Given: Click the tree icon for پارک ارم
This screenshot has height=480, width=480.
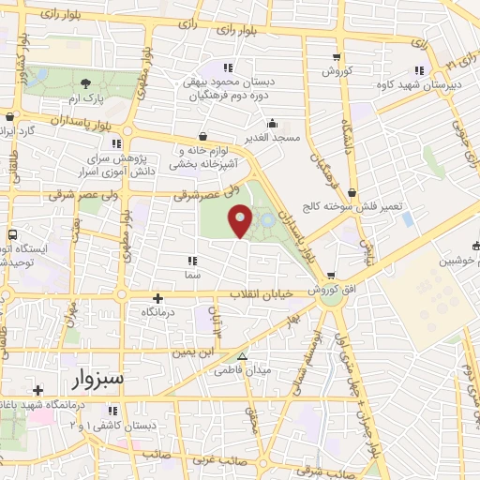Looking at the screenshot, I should coord(87,83).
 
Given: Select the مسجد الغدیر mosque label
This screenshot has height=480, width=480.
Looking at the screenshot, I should coord(271,138).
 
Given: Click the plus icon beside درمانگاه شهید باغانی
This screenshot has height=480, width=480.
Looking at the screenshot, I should coord(37,390).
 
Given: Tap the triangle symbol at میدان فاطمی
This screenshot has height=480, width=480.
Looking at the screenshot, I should coord(243,356).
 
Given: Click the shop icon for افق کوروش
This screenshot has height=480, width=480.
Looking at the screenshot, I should coord(331,277).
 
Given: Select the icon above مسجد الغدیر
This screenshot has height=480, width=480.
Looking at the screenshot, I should coord(272,122).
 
